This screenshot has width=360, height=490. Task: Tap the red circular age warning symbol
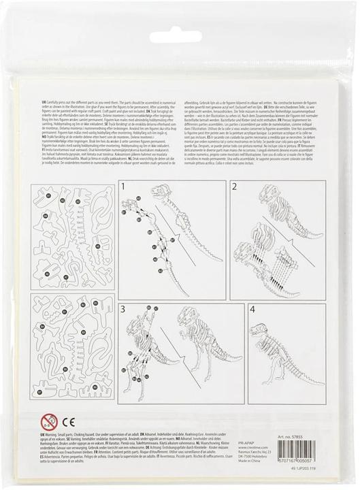coord(48,420)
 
